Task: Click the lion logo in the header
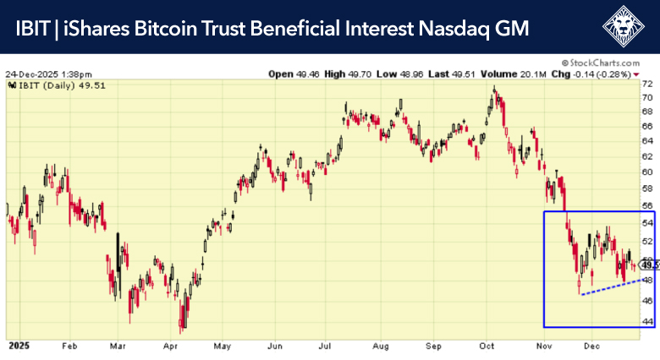[624, 27]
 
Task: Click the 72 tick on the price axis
[646, 85]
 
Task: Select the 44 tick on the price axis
[647, 321]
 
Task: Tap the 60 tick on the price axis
[647, 172]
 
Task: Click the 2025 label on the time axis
[19, 346]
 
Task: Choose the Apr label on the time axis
[170, 346]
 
